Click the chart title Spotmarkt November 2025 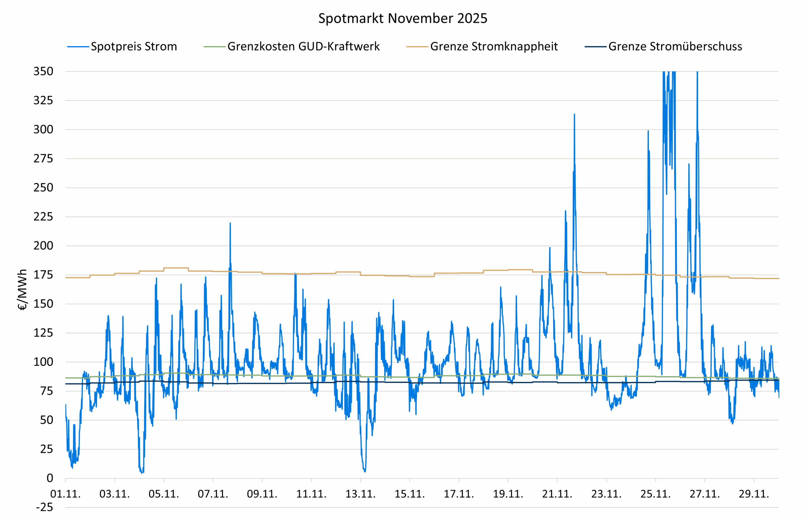403,18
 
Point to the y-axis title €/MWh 22,290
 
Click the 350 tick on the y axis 43,71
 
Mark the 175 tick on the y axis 43,275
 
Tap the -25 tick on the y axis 45,507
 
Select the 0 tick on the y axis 50,478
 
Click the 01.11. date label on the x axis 65,494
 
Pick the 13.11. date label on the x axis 360,494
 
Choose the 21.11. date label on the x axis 557,494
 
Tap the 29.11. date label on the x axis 753,494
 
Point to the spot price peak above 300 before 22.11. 574,115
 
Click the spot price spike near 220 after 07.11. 230,223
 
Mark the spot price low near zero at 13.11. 365,471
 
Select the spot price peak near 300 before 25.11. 648,131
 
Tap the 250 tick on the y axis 43,187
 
